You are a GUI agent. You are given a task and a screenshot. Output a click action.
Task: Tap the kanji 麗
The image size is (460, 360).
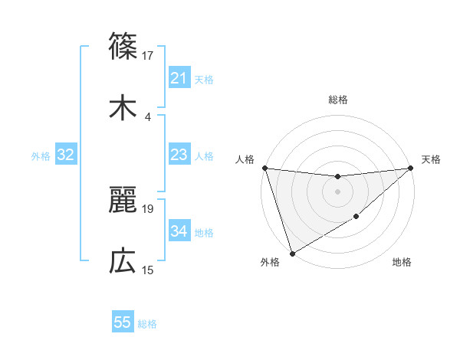click(x=123, y=200)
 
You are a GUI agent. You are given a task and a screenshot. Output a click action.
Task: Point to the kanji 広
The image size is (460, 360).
click(x=123, y=262)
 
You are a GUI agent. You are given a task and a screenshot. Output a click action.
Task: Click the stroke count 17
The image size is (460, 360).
click(x=148, y=55)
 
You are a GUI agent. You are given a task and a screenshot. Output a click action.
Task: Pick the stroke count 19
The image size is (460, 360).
click(x=148, y=208)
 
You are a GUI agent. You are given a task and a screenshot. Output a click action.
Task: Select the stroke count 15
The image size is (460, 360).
click(x=148, y=270)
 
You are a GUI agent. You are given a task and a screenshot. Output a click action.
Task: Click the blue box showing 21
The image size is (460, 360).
click(x=179, y=78)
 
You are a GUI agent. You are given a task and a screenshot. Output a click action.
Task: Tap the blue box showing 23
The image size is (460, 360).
click(x=179, y=155)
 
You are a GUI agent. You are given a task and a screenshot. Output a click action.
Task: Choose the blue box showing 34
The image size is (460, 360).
click(x=179, y=232)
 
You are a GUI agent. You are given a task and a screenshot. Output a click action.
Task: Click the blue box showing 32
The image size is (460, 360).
click(x=65, y=155)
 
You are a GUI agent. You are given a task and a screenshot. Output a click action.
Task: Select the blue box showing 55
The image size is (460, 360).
click(x=123, y=323)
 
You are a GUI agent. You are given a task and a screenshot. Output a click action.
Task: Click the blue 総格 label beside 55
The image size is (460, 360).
click(x=147, y=324)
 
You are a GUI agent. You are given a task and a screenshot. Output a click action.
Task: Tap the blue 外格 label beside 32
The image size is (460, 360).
click(x=41, y=156)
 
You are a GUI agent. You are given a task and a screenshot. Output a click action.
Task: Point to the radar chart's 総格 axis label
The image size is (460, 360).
click(x=337, y=100)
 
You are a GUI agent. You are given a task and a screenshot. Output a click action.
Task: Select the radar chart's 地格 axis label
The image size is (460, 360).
click(x=402, y=263)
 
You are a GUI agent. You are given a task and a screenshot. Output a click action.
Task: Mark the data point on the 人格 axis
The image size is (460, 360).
click(x=264, y=168)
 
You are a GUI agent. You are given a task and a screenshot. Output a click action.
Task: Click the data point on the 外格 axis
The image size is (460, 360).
click(x=292, y=253)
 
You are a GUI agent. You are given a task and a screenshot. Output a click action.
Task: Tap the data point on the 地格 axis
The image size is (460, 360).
click(x=356, y=218)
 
